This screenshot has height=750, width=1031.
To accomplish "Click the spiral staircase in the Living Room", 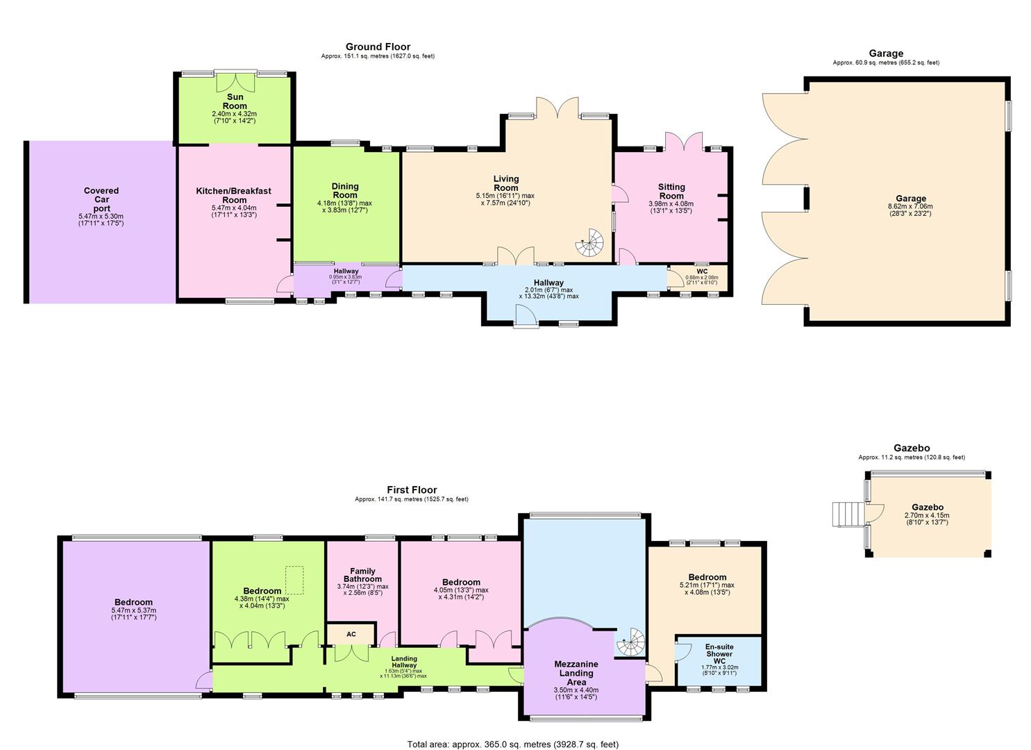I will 591,242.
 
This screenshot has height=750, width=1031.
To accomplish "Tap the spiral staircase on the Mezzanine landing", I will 632,642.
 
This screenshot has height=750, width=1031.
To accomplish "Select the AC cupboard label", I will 351,634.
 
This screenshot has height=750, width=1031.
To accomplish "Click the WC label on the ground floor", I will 702,272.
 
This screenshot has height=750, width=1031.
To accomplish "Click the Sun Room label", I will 235,101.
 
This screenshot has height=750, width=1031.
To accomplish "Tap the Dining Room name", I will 345,190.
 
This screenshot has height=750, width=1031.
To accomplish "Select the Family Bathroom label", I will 362,575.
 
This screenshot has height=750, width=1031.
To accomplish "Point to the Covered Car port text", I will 101,199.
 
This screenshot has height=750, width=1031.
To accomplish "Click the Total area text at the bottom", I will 512,744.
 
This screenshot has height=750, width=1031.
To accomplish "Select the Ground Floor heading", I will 378,47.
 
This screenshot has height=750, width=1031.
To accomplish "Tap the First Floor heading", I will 412,490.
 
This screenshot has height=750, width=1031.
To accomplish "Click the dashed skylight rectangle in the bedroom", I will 295,580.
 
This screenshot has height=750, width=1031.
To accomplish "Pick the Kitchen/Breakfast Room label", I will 233,195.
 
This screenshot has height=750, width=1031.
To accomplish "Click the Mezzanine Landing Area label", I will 576,673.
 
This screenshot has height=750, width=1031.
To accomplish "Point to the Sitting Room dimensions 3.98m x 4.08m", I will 671,204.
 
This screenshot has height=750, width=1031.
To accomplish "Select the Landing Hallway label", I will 404,662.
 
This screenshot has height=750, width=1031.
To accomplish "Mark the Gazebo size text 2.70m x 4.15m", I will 926,516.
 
